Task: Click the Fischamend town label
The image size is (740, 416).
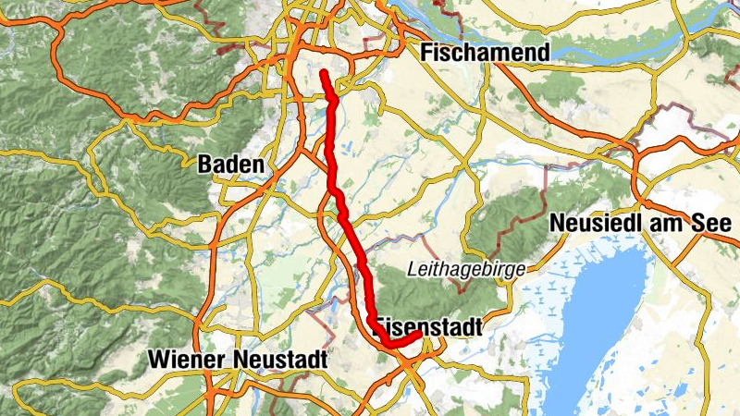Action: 485,53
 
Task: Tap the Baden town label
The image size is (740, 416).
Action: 230,165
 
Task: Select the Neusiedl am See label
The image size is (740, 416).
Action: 640,224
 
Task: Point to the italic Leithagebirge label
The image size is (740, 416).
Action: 466,269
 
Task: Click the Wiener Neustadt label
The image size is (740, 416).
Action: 239,359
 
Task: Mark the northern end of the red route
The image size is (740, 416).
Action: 324,72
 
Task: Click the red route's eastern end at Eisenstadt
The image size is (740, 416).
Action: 420,334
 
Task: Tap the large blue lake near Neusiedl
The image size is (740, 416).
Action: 601,314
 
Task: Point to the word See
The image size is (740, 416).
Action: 713,224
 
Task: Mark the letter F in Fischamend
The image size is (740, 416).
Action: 427,53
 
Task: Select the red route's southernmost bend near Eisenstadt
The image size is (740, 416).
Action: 392,343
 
